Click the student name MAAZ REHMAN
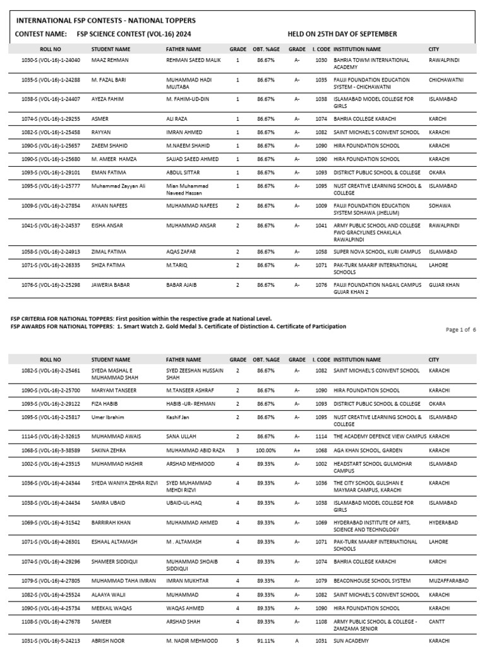coord(110,60)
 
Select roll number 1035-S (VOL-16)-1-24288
coord(51,80)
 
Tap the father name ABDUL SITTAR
coord(184,172)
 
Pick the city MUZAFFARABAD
coord(448,581)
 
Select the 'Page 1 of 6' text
coord(460,330)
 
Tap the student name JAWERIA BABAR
coord(111,285)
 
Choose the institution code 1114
coord(321,437)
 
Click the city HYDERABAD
coord(443,523)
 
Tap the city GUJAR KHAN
coord(444,285)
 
